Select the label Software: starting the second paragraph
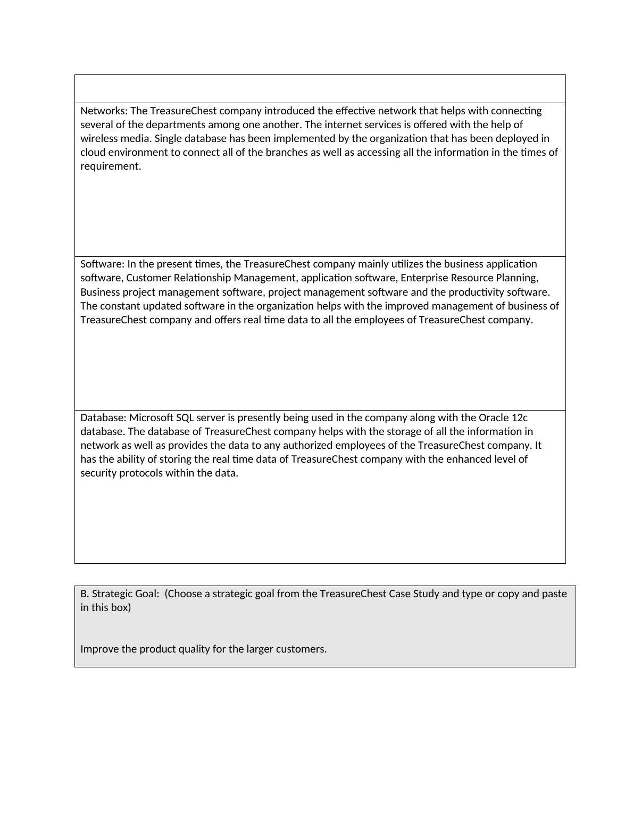[x=103, y=264]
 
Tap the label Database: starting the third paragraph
[x=104, y=418]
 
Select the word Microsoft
[x=151, y=418]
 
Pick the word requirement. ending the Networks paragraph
[x=111, y=166]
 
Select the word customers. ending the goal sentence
[x=301, y=649]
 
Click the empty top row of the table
[x=320, y=89]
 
